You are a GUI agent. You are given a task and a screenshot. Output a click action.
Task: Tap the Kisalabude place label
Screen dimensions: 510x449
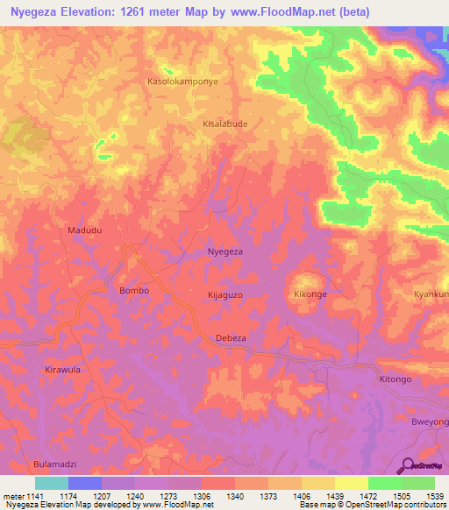[x=225, y=124]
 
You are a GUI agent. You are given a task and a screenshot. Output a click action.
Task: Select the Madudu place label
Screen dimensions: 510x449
[x=85, y=230]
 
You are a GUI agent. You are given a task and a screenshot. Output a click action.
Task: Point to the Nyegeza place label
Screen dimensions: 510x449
[x=224, y=251]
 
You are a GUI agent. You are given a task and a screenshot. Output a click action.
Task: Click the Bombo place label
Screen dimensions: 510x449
[x=133, y=290]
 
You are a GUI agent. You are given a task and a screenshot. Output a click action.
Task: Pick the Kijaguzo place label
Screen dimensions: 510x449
[x=224, y=295]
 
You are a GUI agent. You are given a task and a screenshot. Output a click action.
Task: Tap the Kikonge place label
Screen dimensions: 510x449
[x=310, y=294]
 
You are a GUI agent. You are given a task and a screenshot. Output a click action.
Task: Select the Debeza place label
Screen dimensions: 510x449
[x=232, y=337]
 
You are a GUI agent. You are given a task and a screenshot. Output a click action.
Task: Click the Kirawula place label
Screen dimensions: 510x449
[x=62, y=370]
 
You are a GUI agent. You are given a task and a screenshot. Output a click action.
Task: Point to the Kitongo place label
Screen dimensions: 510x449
[x=395, y=379]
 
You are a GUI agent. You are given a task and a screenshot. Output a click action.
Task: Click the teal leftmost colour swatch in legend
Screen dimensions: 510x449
[x=51, y=483]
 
